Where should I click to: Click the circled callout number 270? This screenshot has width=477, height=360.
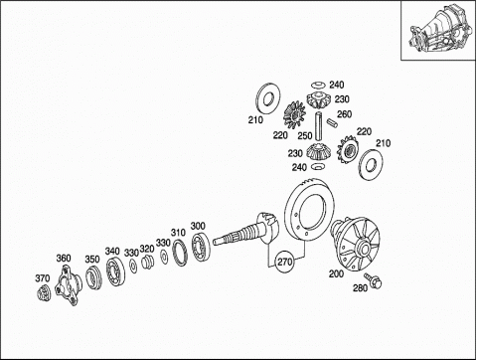point(284,262)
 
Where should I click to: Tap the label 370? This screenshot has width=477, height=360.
point(43,278)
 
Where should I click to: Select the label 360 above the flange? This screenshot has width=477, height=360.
point(64,258)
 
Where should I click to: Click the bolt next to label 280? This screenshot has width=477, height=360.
point(373,280)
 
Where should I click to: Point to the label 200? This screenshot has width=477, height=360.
point(336,273)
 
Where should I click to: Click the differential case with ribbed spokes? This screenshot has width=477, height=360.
point(355,245)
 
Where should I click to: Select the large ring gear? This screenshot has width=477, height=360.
point(306,211)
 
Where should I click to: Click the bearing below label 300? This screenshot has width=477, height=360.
point(201,247)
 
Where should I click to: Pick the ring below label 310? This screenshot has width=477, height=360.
point(181,253)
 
